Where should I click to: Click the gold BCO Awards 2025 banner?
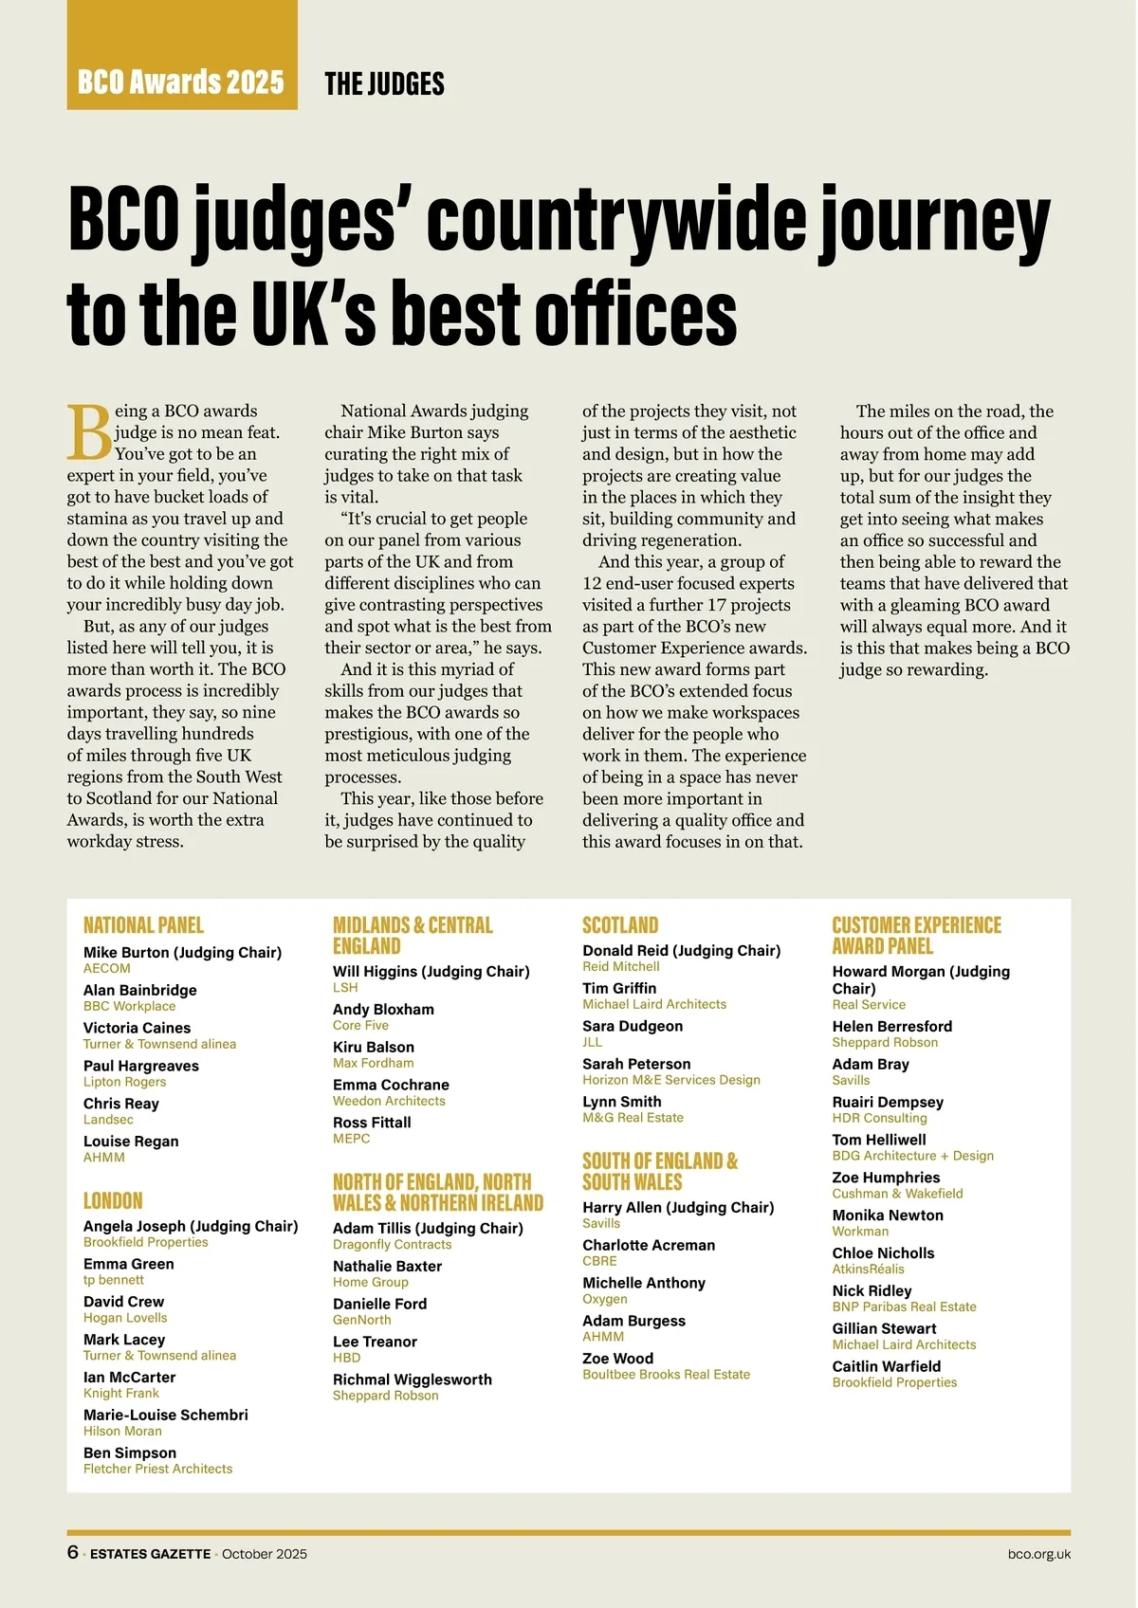pyautogui.click(x=181, y=82)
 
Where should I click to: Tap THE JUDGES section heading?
pyautogui.click(x=384, y=84)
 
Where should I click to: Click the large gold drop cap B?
pyautogui.click(x=89, y=432)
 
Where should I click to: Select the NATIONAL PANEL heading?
pyautogui.click(x=143, y=925)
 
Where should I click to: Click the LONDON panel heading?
pyautogui.click(x=113, y=1200)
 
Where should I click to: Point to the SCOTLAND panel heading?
pyautogui.click(x=620, y=925)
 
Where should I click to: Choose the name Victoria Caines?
pyautogui.click(x=137, y=1028)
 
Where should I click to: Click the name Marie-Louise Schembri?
pyautogui.click(x=166, y=1415)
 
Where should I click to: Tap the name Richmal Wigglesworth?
pyautogui.click(x=413, y=1380)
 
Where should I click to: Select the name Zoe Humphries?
pyautogui.click(x=886, y=1178)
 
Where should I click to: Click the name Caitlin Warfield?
pyautogui.click(x=887, y=1366)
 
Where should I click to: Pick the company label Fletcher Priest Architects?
pyautogui.click(x=157, y=1469)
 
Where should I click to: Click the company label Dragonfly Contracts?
pyautogui.click(x=392, y=1245)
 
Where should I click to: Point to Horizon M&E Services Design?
pyautogui.click(x=671, y=1080)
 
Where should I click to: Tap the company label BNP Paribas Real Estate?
pyautogui.click(x=904, y=1306)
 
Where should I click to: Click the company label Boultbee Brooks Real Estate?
pyautogui.click(x=666, y=1374)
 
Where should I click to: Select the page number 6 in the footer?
pyautogui.click(x=73, y=1552)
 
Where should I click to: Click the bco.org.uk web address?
pyautogui.click(x=1039, y=1554)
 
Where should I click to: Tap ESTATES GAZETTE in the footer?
pyautogui.click(x=150, y=1554)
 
